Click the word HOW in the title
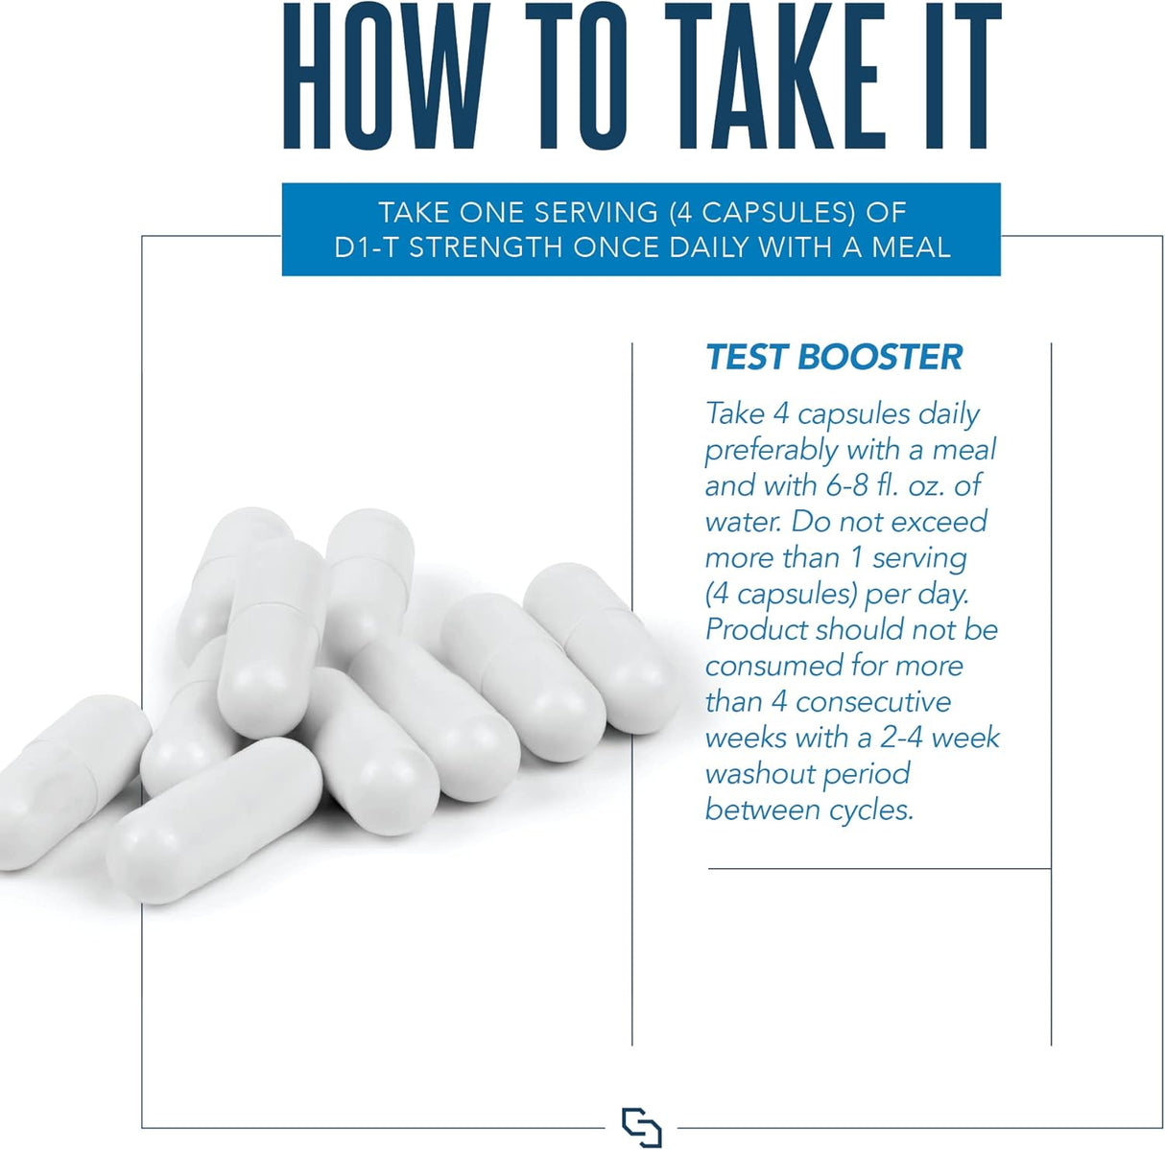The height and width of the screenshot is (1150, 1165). point(387,77)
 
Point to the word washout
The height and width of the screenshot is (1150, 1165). point(753,774)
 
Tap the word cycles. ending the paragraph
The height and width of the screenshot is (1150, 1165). point(870,811)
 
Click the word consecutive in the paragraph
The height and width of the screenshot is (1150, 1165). point(873,702)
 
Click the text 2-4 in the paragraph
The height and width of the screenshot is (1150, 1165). point(902,738)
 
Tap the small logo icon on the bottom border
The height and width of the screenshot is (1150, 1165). point(641,1126)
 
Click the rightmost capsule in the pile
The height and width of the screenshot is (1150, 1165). point(601,647)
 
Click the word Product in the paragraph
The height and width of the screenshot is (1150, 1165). point(755,630)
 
